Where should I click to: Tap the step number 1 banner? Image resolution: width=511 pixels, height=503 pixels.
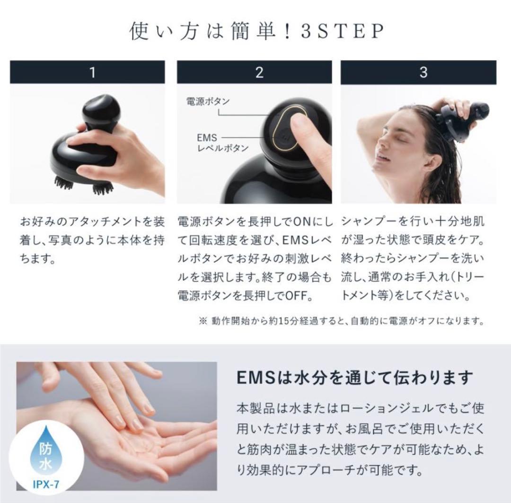click(x=88, y=72)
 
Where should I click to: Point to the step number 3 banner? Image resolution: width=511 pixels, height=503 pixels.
click(x=423, y=72)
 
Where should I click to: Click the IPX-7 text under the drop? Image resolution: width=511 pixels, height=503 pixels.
click(x=46, y=485)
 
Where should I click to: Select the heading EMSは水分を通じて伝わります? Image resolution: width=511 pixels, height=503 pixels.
click(x=354, y=378)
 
